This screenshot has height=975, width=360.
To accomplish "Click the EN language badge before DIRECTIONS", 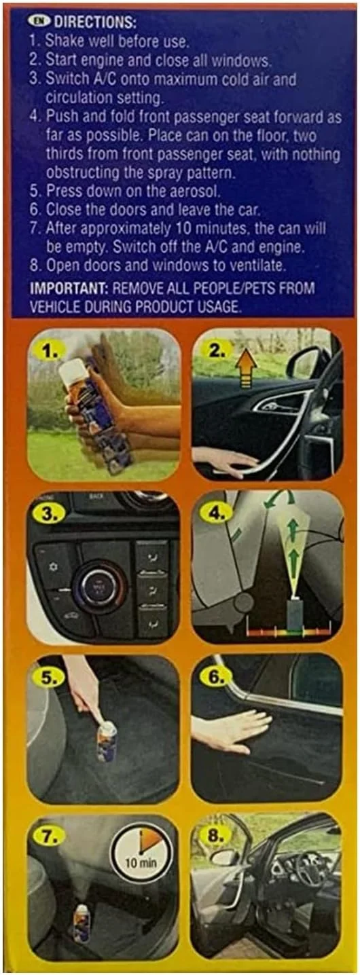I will tap(38, 21).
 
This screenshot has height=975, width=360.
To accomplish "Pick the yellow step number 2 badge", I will tap(216, 351).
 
